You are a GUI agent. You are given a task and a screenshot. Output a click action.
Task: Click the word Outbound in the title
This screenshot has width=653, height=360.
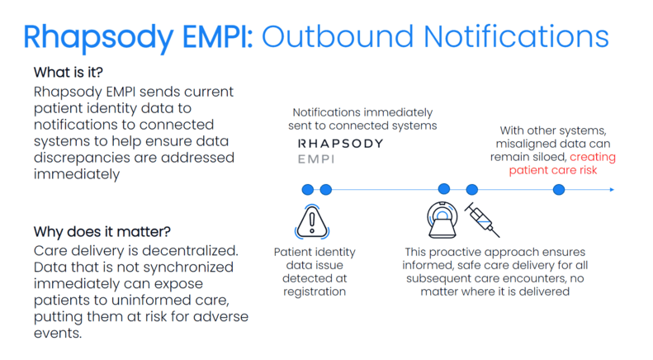tap(338, 36)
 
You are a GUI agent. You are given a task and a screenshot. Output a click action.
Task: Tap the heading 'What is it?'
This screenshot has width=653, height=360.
tap(69, 73)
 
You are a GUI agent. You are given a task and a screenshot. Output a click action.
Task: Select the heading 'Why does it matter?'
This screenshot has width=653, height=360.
tap(102, 232)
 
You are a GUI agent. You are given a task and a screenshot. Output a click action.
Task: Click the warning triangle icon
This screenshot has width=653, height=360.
tap(312, 221)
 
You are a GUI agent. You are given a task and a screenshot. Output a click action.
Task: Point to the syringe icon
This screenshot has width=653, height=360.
tap(482, 220)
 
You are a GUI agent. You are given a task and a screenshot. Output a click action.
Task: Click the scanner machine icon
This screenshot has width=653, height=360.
tap(442, 220)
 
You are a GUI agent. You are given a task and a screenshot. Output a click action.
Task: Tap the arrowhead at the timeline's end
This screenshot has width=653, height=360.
tap(612, 190)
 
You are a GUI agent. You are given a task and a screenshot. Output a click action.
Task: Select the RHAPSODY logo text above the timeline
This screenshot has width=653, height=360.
tap(340, 144)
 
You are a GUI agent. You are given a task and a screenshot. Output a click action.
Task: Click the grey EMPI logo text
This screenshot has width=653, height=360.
tap(316, 159)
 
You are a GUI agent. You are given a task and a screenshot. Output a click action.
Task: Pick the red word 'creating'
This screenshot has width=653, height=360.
tap(593, 157)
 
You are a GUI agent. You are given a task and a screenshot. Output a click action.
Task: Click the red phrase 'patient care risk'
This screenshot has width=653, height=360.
tap(552, 170)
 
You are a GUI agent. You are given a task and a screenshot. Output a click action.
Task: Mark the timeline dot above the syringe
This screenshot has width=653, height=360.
tap(472, 190)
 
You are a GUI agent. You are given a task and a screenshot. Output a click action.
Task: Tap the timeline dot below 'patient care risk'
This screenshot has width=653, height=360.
tap(559, 190)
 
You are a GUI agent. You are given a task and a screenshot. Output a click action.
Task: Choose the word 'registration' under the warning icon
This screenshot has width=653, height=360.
tap(315, 291)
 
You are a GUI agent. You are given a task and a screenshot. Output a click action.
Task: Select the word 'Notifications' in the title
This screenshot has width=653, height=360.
tap(517, 36)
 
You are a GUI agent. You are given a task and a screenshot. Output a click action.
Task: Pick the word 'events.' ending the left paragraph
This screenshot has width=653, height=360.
tap(58, 334)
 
